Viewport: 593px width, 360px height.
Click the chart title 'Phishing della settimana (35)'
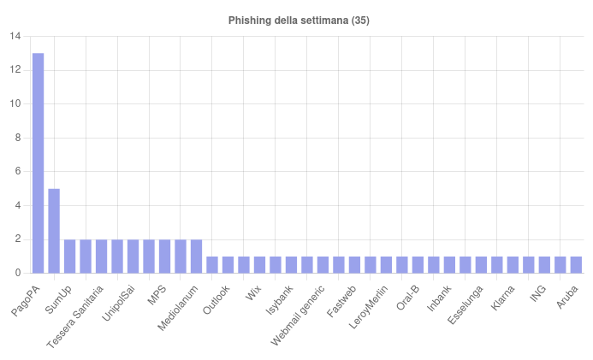point(299,20)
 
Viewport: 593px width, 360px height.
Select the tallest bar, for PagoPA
point(38,162)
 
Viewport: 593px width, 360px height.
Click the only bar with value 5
point(54,231)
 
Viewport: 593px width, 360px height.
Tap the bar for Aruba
point(576,264)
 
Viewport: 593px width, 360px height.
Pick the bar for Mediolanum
point(196,257)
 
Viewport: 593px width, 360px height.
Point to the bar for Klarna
point(513,264)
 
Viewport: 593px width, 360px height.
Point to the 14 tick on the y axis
point(15,37)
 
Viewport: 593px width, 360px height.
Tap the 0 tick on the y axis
point(18,273)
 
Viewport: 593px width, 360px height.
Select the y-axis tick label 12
point(15,70)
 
